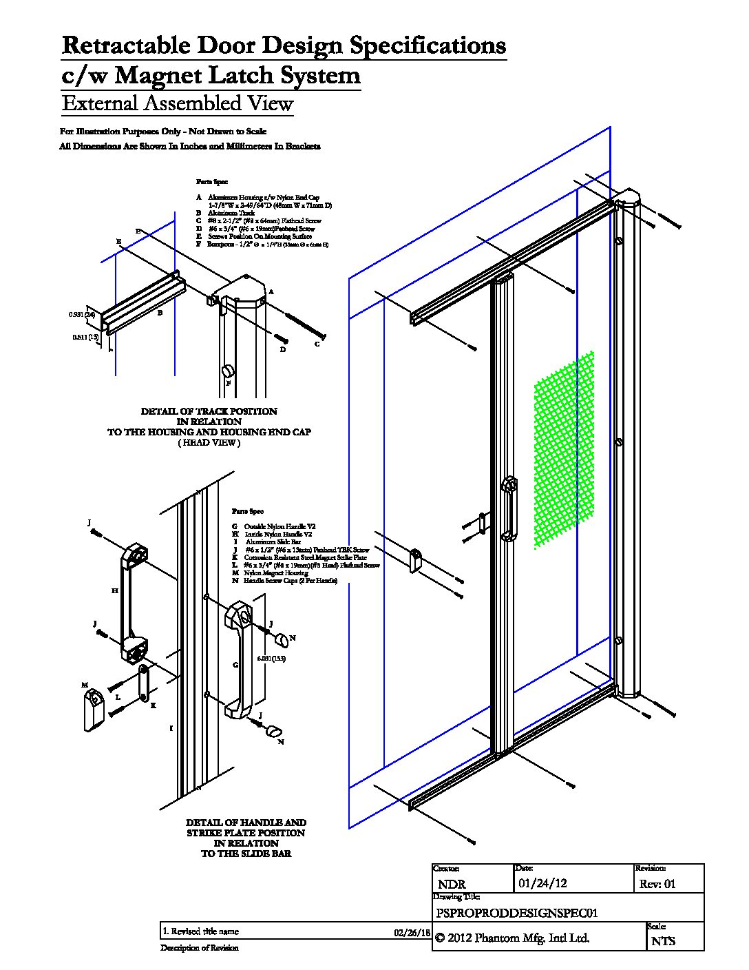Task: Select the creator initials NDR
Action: (452, 884)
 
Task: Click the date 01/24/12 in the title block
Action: (542, 883)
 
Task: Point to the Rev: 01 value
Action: (658, 884)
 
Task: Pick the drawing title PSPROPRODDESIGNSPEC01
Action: (516, 913)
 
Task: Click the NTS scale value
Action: (664, 940)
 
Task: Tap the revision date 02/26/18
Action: (412, 932)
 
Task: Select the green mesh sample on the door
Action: (564, 451)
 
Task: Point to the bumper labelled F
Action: (226, 373)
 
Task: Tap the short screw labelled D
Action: (282, 338)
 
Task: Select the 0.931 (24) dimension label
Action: (81, 315)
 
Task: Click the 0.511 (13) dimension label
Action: (86, 337)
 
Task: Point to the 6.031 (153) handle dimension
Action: (271, 659)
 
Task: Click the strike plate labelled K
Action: (143, 684)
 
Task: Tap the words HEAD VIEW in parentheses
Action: (209, 443)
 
